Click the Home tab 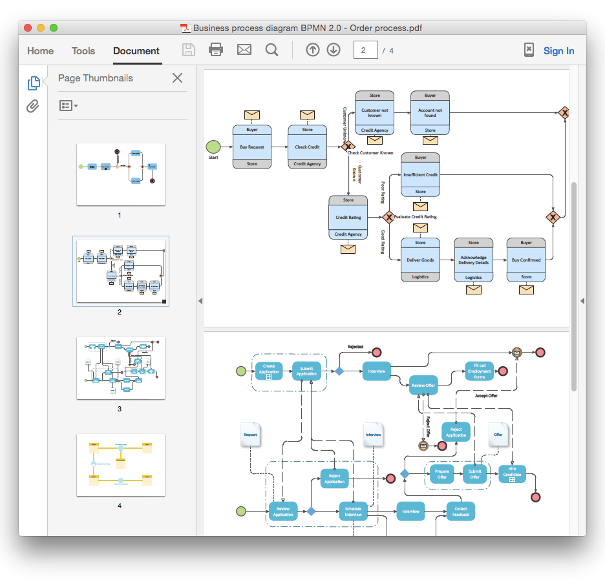(x=40, y=51)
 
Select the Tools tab (x=83, y=51)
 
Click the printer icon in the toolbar (x=216, y=50)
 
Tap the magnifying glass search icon (x=271, y=50)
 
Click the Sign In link (x=558, y=51)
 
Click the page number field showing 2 (x=365, y=50)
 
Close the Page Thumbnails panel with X (x=177, y=78)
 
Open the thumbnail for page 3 (x=120, y=367)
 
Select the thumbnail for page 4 (x=120, y=464)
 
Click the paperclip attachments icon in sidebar (x=33, y=107)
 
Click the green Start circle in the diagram (x=213, y=147)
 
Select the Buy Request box (x=252, y=147)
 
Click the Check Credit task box (x=307, y=147)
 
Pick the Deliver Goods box (x=420, y=260)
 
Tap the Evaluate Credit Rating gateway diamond (x=388, y=217)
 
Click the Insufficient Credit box (x=420, y=174)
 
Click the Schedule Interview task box (x=353, y=511)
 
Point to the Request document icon (x=250, y=435)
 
